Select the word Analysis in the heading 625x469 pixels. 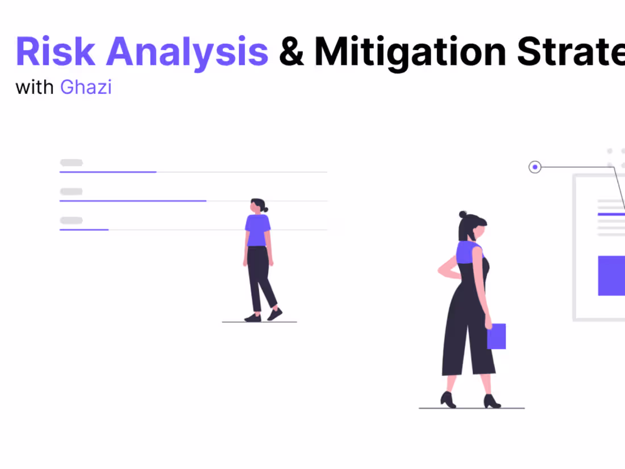188,51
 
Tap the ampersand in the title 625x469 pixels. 291,51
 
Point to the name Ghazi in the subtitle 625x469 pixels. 86,88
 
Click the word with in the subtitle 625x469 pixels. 35,88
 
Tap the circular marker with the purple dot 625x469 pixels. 535,167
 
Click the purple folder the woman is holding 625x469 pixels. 496,336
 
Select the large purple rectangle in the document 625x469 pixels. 611,276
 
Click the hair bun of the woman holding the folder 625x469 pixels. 463,214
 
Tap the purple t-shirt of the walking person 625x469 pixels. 257,230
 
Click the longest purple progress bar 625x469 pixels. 133,201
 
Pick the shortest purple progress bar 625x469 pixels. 84,230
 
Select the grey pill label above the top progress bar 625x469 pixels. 72,163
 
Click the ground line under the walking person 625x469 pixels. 259,322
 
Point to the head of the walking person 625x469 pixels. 257,205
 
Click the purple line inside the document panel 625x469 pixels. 611,214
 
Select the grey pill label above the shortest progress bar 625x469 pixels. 72,221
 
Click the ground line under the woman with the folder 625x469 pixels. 472,408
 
